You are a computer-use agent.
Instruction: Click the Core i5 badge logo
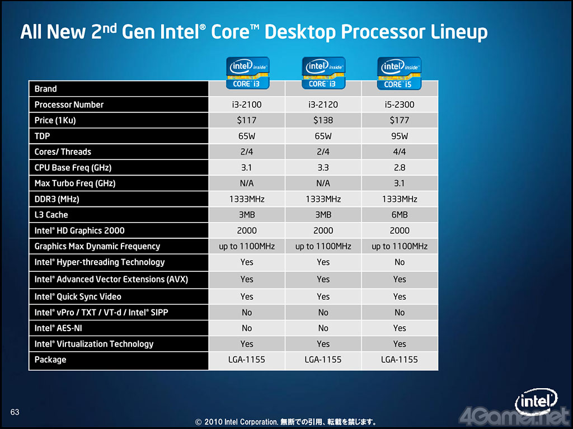(399, 73)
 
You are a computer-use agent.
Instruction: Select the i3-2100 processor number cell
(247, 105)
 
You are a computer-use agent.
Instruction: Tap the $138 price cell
(323, 120)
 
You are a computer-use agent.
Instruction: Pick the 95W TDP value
(400, 136)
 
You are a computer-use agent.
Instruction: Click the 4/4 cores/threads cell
(400, 152)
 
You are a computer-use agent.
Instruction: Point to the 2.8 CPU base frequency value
(400, 167)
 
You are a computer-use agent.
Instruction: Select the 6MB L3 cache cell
(400, 215)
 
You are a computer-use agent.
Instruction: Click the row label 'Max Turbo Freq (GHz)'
(75, 183)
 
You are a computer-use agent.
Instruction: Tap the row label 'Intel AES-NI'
(58, 328)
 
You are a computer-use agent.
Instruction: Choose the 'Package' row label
(50, 360)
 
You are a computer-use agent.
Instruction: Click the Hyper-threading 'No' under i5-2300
(400, 262)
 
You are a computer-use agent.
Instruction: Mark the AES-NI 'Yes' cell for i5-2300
(400, 328)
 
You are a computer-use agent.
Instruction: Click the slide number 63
(15, 412)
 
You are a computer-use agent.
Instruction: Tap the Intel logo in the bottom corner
(536, 402)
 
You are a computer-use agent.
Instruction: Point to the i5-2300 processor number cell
(400, 105)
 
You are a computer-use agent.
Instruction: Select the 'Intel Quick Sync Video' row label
(78, 296)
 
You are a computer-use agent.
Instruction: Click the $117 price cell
(247, 120)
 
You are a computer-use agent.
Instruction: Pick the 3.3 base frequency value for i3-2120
(323, 167)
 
